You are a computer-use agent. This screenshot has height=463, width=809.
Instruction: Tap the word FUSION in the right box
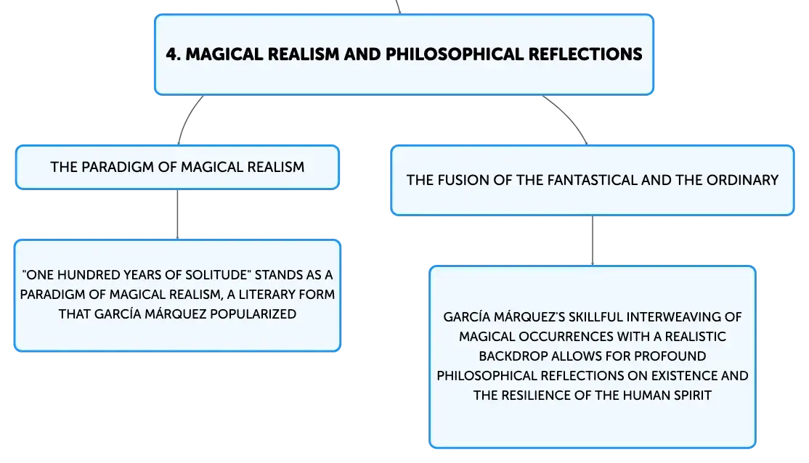463,180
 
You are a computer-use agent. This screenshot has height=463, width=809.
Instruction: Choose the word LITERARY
270,295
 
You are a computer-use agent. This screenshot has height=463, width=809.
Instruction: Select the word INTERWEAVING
675,317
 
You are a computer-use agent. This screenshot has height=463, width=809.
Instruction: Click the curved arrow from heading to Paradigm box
187,118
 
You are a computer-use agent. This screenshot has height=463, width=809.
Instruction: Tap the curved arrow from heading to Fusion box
569,117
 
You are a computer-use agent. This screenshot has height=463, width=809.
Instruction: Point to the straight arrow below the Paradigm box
177,215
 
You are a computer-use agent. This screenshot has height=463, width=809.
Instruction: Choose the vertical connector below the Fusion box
593,241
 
